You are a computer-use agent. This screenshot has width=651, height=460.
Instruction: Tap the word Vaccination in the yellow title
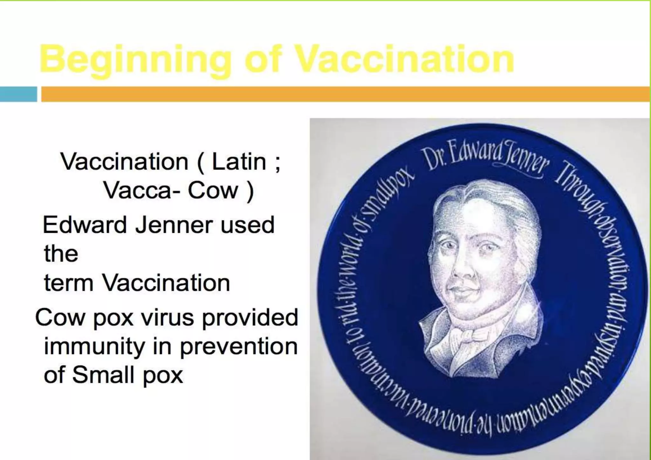click(x=404, y=59)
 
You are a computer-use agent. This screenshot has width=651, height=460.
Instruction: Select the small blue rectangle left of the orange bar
click(x=18, y=94)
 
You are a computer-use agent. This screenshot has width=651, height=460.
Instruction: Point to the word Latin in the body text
click(x=239, y=162)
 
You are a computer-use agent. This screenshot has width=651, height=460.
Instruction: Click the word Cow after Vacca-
click(x=213, y=191)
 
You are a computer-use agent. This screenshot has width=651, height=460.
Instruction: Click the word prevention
click(x=239, y=347)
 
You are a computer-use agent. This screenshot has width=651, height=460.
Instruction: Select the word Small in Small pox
click(x=103, y=375)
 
